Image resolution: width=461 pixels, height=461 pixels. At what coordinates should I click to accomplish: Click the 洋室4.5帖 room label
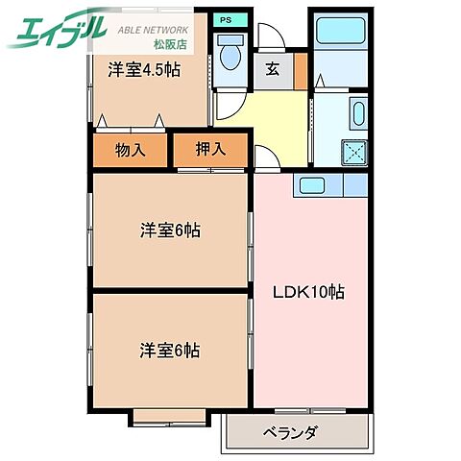pyautogui.click(x=145, y=70)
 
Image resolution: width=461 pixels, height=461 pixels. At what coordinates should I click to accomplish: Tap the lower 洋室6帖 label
pyautogui.click(x=169, y=351)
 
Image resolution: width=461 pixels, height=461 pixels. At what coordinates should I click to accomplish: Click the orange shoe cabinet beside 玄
pyautogui.click(x=300, y=70)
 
